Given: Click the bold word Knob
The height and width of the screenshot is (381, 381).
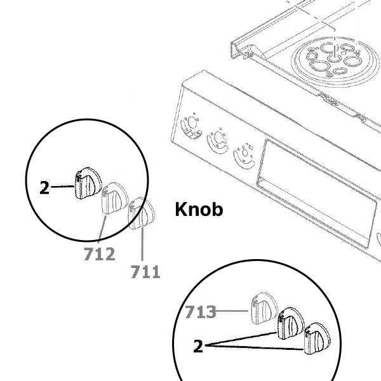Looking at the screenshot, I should click(x=199, y=210).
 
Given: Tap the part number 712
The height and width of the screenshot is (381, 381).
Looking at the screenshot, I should click(x=99, y=255).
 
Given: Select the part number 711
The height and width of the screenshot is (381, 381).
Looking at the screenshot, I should click(x=145, y=272).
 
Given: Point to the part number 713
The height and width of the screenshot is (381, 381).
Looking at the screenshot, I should click(x=201, y=312).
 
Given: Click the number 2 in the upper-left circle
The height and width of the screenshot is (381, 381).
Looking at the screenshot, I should click(x=44, y=188).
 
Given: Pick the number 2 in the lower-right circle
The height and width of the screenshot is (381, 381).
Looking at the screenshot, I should click(x=198, y=347).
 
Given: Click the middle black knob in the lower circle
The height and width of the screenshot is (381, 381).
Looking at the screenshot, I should click(x=289, y=323).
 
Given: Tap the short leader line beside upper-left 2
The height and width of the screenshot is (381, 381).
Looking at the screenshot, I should click(x=62, y=187).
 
